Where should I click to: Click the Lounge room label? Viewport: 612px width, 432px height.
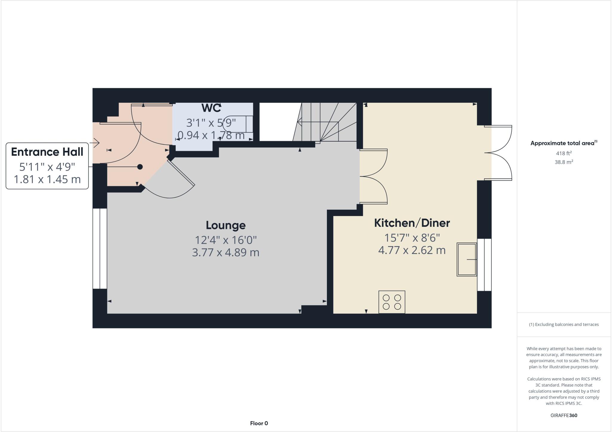226,225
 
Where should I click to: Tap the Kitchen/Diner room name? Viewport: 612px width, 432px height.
412,223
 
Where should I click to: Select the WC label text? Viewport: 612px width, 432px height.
211,108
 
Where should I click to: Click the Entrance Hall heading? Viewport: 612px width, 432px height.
47,152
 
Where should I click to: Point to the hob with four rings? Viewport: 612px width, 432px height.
392,302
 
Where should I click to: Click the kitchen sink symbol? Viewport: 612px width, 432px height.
466,259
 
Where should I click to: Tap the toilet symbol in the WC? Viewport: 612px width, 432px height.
238,123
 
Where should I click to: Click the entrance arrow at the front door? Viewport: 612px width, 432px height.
96,143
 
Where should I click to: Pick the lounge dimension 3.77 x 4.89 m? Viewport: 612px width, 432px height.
226,252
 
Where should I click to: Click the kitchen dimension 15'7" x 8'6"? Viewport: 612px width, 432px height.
412,238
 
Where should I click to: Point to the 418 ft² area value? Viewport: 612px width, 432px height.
564,153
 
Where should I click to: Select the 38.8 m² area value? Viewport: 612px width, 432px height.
564,162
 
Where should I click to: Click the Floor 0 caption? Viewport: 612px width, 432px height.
259,423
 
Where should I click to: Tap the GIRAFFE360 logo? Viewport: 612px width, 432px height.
564,415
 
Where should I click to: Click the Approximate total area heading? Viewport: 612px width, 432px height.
564,143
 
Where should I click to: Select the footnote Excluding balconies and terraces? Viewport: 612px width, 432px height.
564,324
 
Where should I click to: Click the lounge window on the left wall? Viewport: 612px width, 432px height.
100,249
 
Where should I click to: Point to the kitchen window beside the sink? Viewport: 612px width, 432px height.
484,265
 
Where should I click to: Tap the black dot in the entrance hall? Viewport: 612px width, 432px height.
140,167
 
